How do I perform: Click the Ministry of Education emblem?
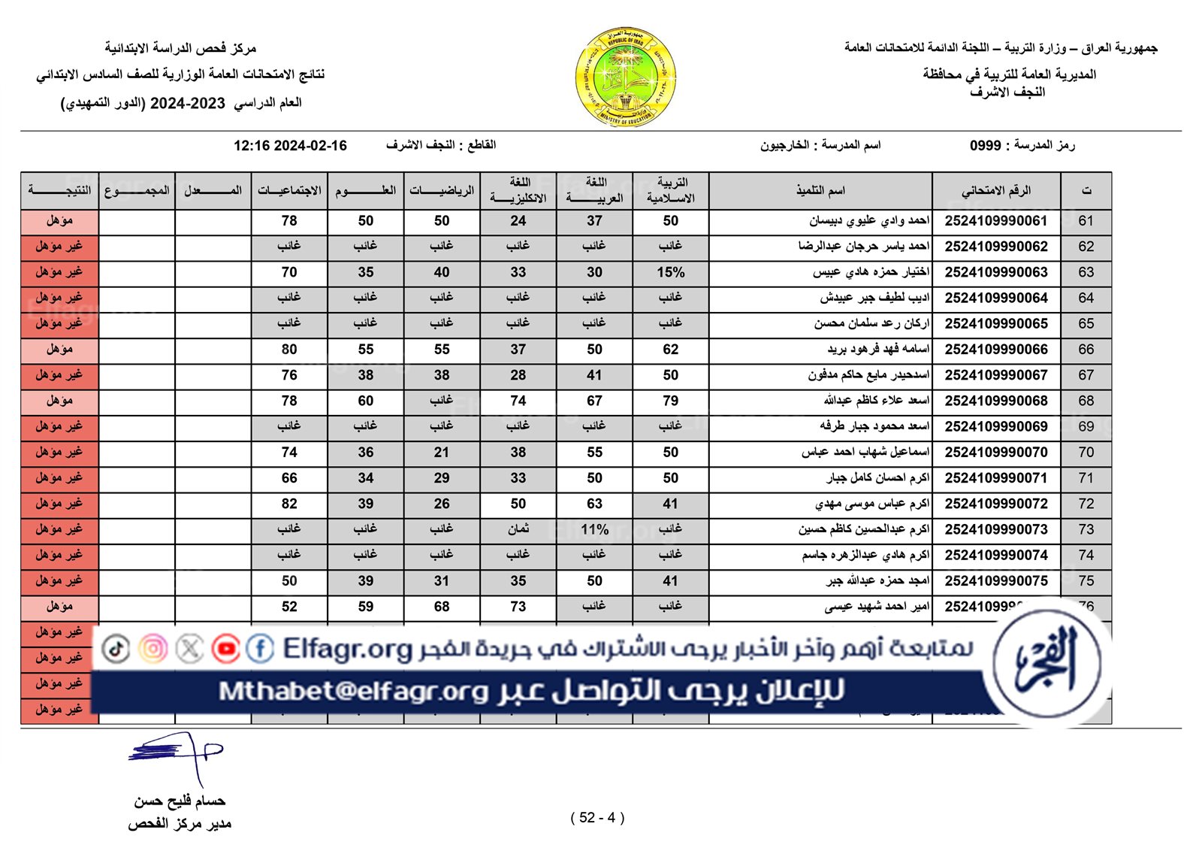pos(626,77)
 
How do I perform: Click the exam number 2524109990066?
pos(995,350)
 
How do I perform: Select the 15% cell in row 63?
pos(670,272)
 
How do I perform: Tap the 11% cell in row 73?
pos(594,529)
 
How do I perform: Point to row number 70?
pos(1086,453)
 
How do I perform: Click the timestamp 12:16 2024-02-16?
pos(290,146)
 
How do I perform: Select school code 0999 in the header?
pos(985,145)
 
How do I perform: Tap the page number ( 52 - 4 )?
pos(597,818)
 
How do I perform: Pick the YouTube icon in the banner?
pos(225,648)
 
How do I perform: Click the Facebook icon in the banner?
pos(260,648)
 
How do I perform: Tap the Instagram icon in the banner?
pos(153,648)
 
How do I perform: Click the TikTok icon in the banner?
pos(116,648)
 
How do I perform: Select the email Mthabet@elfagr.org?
pos(353,691)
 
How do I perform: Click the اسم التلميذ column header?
pos(820,191)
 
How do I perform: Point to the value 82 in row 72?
pos(289,504)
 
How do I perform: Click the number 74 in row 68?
pos(518,401)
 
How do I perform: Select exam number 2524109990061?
pos(995,221)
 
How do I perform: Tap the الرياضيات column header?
pos(442,191)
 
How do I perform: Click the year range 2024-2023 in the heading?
pos(187,104)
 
